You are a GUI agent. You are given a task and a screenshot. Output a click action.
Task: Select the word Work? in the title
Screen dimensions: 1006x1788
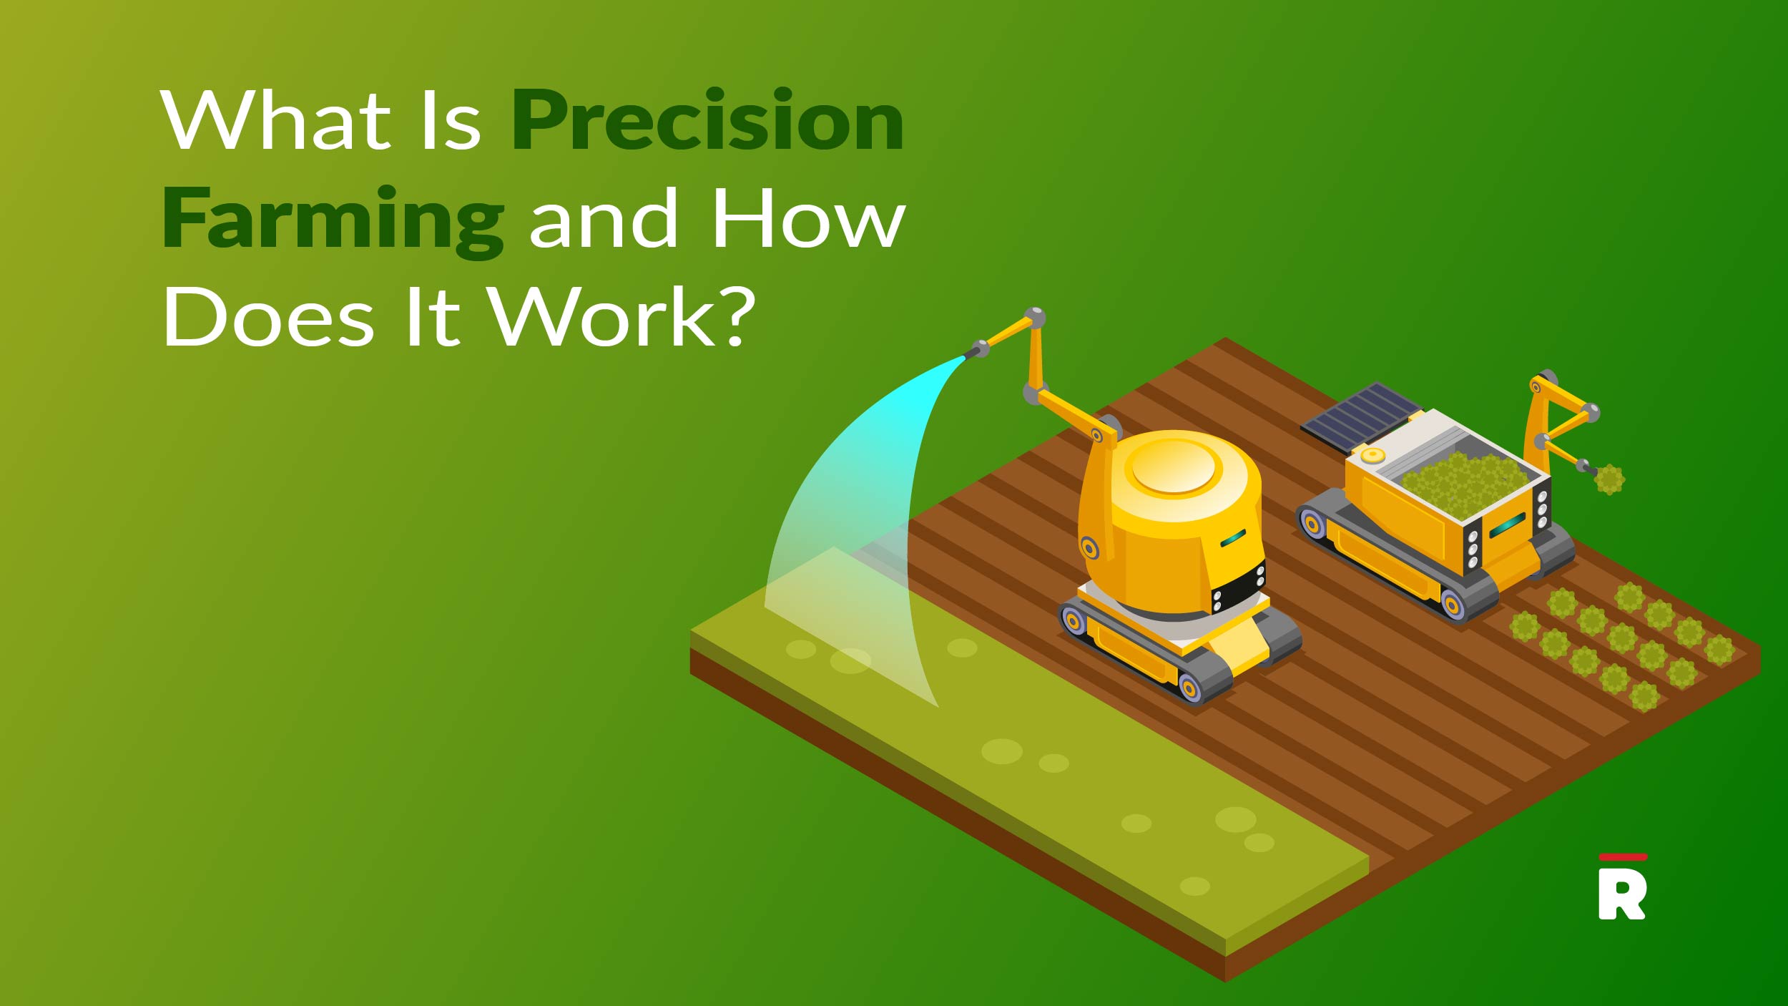click(622, 317)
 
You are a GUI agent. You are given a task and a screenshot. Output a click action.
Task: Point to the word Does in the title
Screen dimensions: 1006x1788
click(269, 317)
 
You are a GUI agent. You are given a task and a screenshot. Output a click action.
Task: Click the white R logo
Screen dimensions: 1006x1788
click(1622, 895)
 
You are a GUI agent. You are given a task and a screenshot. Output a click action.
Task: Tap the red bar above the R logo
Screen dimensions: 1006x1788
click(1623, 857)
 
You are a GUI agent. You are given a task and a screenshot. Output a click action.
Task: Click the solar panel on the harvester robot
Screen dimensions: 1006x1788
click(1361, 416)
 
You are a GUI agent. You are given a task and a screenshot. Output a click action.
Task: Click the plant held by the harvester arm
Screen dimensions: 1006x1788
click(1609, 479)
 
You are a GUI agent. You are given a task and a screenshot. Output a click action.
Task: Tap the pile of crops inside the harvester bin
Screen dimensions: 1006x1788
click(1459, 479)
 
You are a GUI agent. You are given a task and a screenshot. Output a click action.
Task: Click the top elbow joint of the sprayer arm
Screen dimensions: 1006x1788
click(1035, 317)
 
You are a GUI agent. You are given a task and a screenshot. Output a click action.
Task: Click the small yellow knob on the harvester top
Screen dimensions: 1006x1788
click(1372, 455)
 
